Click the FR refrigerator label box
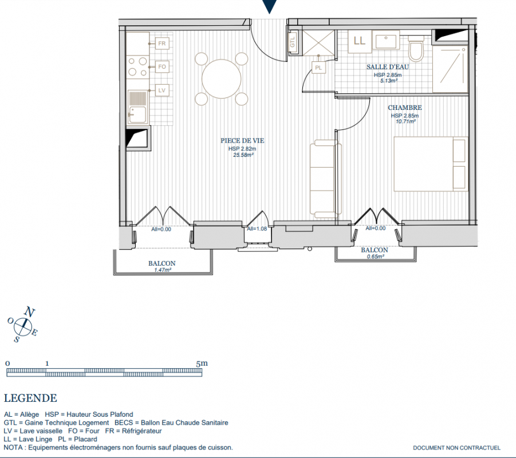pyautogui.click(x=162, y=44)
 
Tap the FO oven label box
pyautogui.click(x=162, y=67)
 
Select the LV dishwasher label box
pyautogui.click(x=162, y=90)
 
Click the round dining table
pyautogui.click(x=222, y=79)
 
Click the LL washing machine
pyautogui.click(x=360, y=41)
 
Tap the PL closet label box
pyautogui.click(x=318, y=68)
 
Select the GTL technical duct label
pyautogui.click(x=293, y=42)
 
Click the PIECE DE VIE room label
pyautogui.click(x=242, y=141)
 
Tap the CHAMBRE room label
pyautogui.click(x=405, y=108)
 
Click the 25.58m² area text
pyautogui.click(x=243, y=155)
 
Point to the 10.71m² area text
pyautogui.click(x=405, y=121)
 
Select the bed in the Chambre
pyautogui.click(x=431, y=164)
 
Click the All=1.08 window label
pyautogui.click(x=257, y=228)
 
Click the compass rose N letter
pyautogui.click(x=30, y=311)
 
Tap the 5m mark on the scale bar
pyautogui.click(x=202, y=364)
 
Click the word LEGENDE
pyautogui.click(x=30, y=398)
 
